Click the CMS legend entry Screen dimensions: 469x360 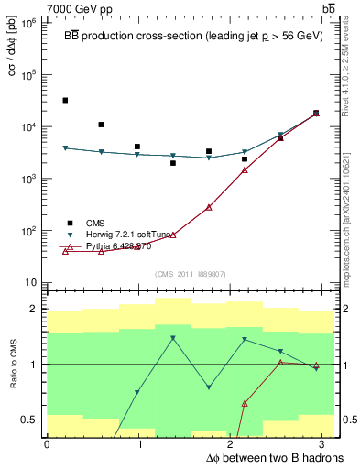95,223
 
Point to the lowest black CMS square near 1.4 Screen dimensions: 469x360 173,163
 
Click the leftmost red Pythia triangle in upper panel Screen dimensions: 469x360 65,251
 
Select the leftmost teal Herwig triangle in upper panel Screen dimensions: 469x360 65,147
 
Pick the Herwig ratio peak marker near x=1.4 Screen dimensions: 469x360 173,339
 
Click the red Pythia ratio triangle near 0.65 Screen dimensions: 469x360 245,403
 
